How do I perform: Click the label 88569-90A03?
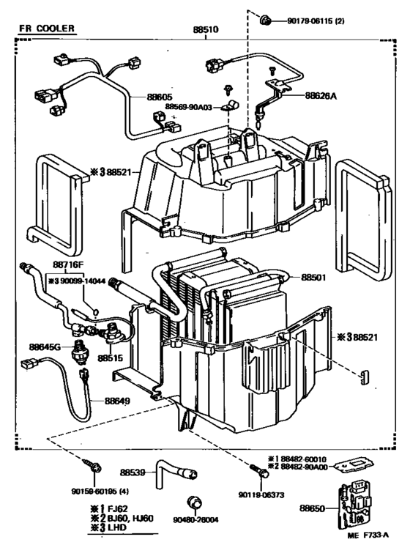pyautogui.click(x=188, y=107)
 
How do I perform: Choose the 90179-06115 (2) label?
pyautogui.click(x=319, y=21)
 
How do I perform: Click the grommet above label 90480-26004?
pyautogui.click(x=196, y=502)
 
